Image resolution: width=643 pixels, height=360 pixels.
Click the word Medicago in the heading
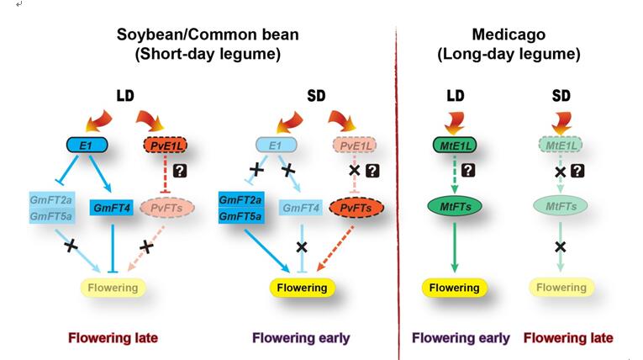pos(508,34)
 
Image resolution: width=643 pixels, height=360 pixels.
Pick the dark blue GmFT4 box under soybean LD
pos(113,207)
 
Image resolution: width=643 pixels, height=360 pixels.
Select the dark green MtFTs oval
pos(454,205)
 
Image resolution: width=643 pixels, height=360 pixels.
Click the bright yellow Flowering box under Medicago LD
pos(454,288)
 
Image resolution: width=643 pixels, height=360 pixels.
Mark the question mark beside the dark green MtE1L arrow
pos(470,170)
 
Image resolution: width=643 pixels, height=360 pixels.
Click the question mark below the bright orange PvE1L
pos(180,171)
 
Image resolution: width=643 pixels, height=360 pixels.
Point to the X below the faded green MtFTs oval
pos(560,246)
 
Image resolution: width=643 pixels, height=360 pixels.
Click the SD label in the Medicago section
pos(561,96)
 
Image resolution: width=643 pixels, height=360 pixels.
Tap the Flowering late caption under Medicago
pos(568,338)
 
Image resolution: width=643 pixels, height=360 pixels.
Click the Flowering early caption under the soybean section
pos(301,338)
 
